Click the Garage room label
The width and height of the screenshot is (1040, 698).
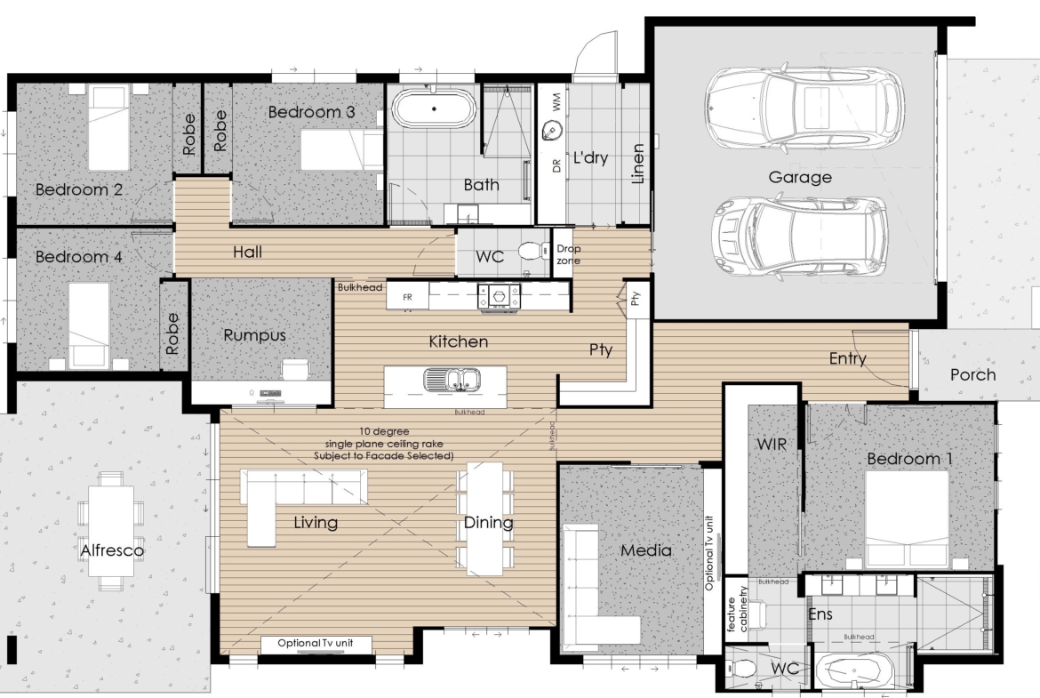800,177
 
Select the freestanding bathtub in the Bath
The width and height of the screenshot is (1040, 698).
434,108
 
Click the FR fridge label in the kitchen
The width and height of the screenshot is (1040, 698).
407,297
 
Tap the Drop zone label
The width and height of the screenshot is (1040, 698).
568,254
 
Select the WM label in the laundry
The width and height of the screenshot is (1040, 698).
556,101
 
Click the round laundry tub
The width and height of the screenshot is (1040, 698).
551,130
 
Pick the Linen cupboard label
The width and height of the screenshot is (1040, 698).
637,164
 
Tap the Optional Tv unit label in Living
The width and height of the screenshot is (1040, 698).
315,643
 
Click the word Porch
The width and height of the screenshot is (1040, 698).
973,375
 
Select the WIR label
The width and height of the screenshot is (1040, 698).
772,443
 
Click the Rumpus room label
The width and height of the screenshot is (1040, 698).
255,335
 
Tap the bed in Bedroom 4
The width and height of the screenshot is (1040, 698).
89,325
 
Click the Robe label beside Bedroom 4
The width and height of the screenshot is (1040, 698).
172,333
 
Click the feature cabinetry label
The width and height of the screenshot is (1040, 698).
737,608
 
